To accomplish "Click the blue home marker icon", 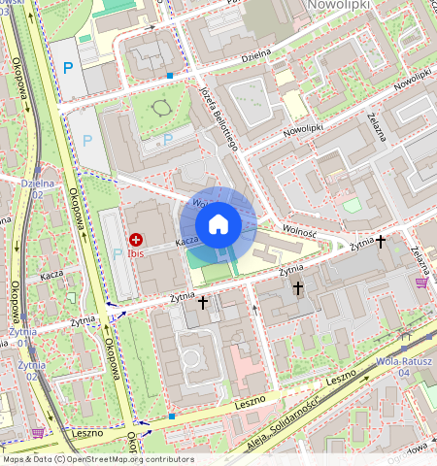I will pyautogui.click(x=218, y=224).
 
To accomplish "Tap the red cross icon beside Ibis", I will pyautogui.click(x=136, y=239).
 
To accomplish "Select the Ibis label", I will pyautogui.click(x=136, y=253).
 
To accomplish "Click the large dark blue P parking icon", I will pyautogui.click(x=67, y=67).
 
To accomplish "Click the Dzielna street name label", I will pyautogui.click(x=256, y=54).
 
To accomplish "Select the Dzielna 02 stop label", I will pyautogui.click(x=37, y=188).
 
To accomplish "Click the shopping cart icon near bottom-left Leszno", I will pyautogui.click(x=38, y=433).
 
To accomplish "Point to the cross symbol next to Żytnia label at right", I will pyautogui.click(x=382, y=240).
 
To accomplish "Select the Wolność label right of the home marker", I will pyautogui.click(x=302, y=229).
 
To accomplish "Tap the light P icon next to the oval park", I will pyautogui.click(x=168, y=139).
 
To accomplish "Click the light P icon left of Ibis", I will pyautogui.click(x=118, y=253).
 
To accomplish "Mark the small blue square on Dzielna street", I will pyautogui.click(x=170, y=75).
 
